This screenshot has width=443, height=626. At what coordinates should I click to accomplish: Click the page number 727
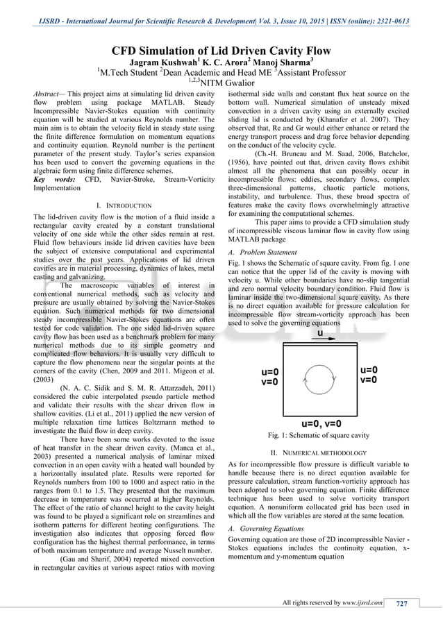(401, 602)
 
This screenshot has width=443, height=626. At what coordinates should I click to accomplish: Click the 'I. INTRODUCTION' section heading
(124, 206)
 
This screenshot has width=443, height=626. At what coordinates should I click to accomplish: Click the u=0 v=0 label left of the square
(269, 376)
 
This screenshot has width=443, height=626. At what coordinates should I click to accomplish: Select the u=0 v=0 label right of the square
(369, 375)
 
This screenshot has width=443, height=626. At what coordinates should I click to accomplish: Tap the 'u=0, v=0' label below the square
(321, 423)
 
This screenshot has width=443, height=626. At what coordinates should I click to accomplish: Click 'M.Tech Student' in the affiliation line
(128, 73)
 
